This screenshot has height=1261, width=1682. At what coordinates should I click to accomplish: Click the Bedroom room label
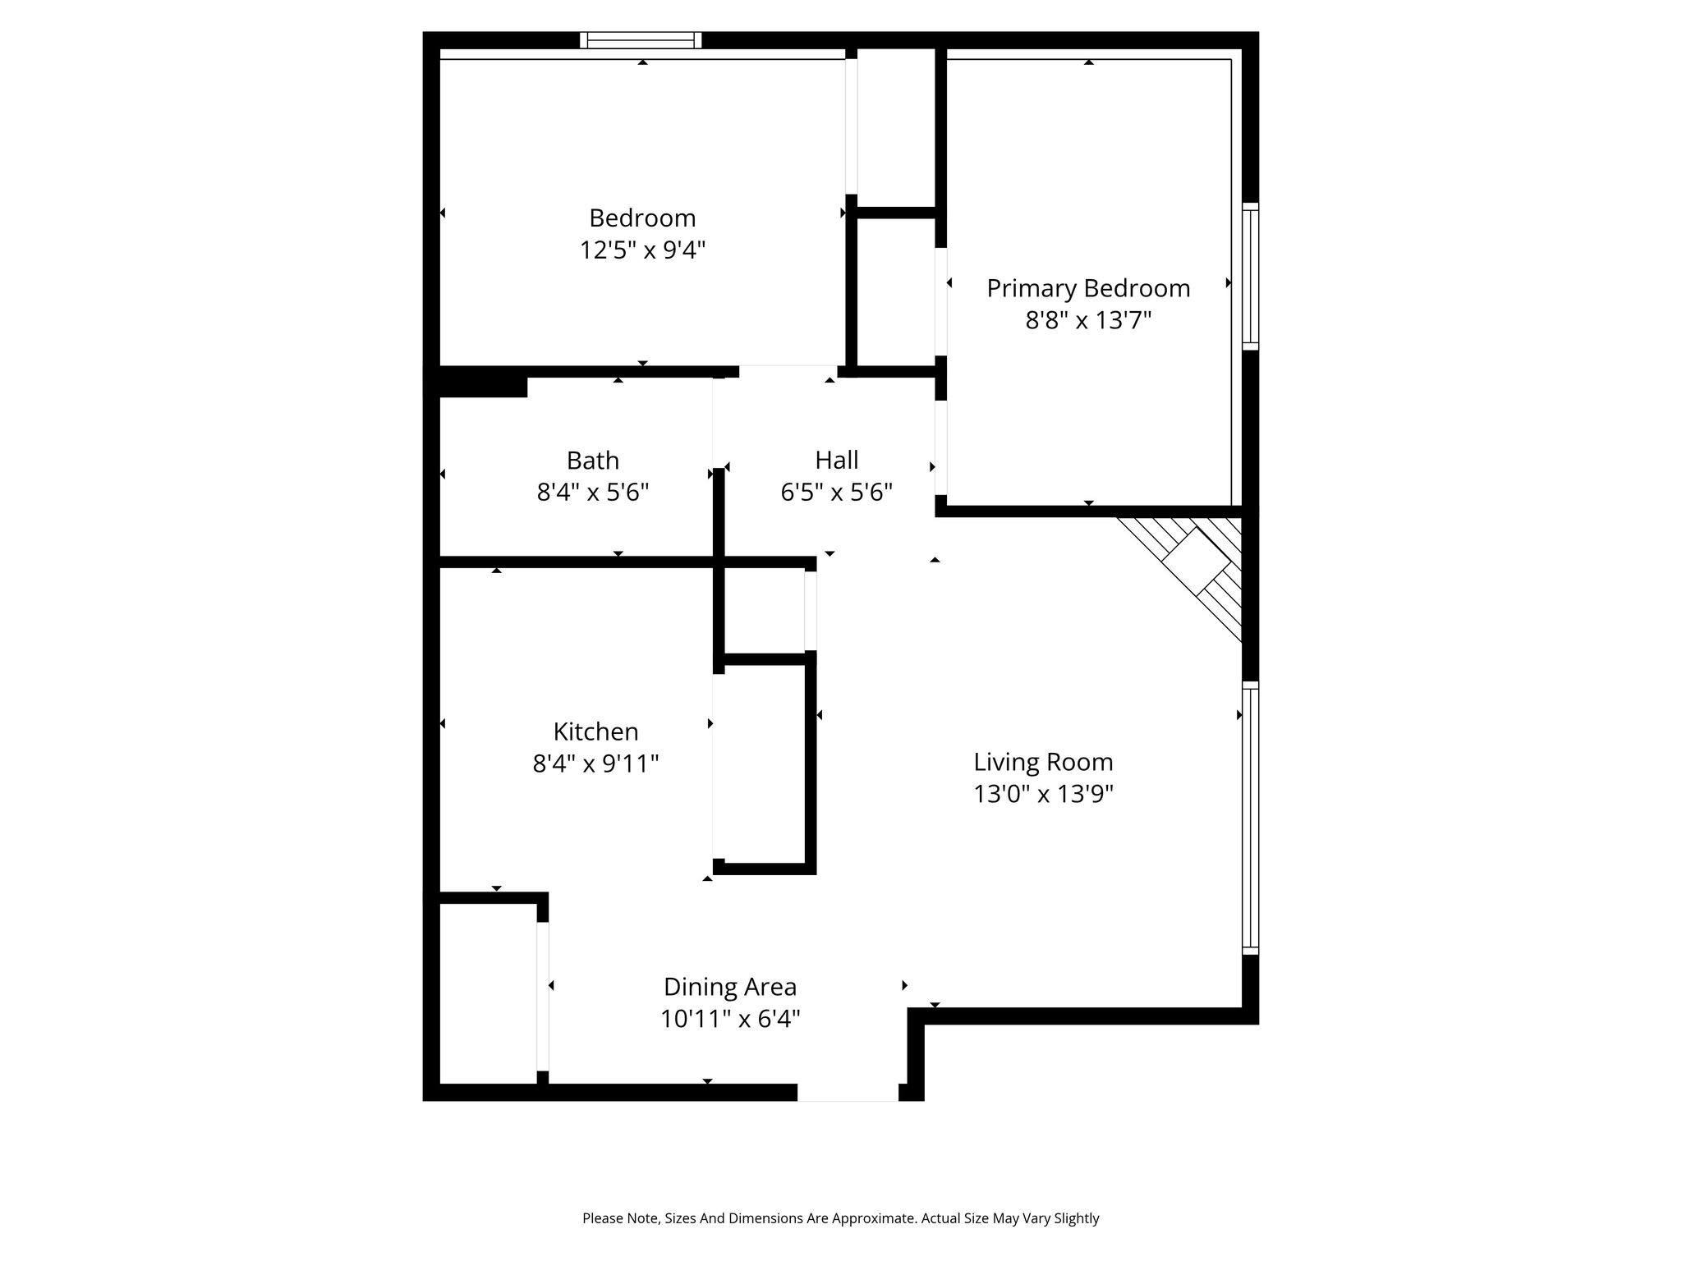(642, 218)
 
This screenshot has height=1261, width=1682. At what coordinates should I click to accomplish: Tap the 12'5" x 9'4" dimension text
(642, 250)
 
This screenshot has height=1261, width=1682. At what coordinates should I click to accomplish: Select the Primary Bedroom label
(1088, 288)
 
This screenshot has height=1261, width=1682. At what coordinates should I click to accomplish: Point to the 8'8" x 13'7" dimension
(1088, 319)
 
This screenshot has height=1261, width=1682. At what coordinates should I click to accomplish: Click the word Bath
(592, 461)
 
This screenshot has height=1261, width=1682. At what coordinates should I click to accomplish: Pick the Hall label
(837, 460)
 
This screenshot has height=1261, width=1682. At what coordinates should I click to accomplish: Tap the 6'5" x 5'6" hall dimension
(836, 492)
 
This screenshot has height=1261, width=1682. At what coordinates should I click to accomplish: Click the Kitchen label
(595, 731)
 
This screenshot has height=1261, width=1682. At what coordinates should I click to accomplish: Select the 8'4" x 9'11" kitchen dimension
(595, 764)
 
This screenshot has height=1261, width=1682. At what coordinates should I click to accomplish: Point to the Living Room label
(1043, 763)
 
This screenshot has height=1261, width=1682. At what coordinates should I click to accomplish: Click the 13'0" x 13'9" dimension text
(1043, 794)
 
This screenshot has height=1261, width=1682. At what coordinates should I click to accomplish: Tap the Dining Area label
(730, 987)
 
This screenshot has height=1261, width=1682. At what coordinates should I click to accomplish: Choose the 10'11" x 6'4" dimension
(730, 1019)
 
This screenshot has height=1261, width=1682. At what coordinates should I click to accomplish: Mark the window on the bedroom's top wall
(641, 40)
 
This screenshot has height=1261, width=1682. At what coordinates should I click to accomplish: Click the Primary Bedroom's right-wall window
(1250, 276)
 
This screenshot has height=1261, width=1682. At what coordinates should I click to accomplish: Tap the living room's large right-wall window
(1250, 818)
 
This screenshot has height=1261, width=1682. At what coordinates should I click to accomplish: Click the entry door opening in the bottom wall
(848, 1093)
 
